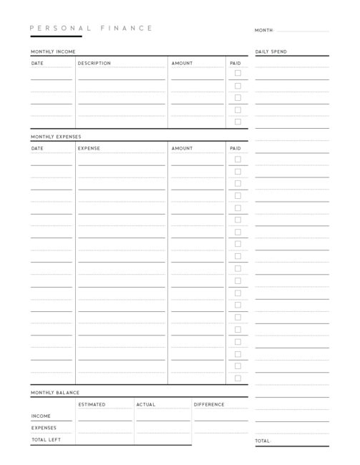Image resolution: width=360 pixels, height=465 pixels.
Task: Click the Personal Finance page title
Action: pos(91,28)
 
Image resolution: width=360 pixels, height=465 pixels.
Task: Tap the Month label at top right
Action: pos(264,31)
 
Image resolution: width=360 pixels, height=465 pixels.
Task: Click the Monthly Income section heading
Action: pos(53,52)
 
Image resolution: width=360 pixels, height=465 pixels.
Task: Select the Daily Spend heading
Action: pos(271,52)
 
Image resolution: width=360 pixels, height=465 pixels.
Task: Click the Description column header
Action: pos(94,63)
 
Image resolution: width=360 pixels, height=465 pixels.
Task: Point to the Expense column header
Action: pos(89,148)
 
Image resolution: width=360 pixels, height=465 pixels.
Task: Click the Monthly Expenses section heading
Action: pos(56,136)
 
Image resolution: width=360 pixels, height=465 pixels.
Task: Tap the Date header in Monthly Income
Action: pos(37,63)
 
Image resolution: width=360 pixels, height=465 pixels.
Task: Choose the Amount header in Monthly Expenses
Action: pos(182,148)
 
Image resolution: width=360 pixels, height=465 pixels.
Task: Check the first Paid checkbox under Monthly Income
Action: pos(238,73)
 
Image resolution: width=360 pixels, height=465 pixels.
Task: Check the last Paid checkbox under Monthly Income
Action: pos(238,122)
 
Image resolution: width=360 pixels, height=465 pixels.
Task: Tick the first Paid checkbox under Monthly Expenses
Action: pos(238,159)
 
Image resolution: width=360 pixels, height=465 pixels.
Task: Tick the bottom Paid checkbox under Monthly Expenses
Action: pos(238,378)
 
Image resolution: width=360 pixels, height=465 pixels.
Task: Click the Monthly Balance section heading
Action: pos(55,393)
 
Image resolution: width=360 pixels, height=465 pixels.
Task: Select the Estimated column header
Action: pos(92,404)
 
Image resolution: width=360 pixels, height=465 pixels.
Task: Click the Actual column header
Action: pos(145,404)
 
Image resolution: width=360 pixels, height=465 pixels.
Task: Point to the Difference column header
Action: pos(209,404)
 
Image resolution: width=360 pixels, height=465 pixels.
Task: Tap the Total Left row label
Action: pos(44,439)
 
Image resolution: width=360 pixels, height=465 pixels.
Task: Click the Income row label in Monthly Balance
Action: pos(41,416)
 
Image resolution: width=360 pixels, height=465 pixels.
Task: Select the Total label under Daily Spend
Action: pos(263,441)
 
